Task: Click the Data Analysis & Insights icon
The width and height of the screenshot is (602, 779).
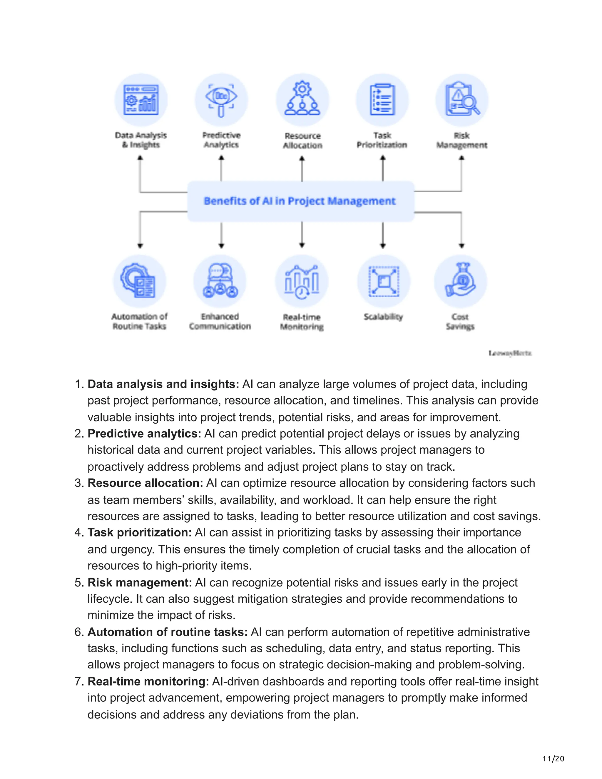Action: coord(141,100)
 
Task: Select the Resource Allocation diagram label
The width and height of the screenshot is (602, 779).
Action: coord(302,141)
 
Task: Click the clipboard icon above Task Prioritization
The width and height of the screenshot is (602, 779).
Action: coord(382,100)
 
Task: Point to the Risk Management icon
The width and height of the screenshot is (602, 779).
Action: coord(462,100)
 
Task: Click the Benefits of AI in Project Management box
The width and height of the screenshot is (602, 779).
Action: coord(301,201)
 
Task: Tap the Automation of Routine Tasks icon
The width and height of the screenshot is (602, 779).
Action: coord(139,281)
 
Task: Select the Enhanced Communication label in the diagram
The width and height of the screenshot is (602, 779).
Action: coord(220,321)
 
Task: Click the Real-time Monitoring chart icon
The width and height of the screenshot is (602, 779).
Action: coord(302,281)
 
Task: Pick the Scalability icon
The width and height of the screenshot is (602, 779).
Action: coord(383,281)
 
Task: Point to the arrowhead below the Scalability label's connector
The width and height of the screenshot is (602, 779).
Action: coord(383,245)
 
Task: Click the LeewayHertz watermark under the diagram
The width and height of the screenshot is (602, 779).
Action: coord(510,353)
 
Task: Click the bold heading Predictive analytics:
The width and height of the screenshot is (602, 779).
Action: coord(144,434)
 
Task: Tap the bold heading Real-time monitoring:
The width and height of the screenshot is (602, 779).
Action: coord(148,682)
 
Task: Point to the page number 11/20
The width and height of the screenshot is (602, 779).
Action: coord(553,759)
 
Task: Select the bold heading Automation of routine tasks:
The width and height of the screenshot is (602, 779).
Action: coord(168,632)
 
